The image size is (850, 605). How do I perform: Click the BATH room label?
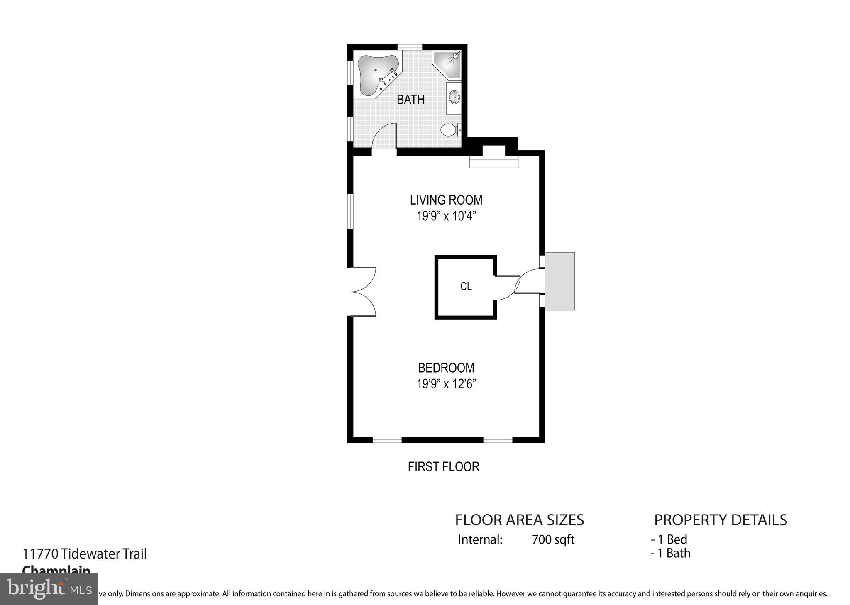coord(410,100)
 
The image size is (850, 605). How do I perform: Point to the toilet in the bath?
coord(449,130)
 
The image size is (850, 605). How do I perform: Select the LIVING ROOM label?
coord(446,200)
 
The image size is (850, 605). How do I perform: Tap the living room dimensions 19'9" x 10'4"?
coord(446,216)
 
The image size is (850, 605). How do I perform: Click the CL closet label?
coord(466,286)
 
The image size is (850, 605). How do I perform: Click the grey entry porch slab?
coord(559,281)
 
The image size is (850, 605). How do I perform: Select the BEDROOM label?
coord(446,368)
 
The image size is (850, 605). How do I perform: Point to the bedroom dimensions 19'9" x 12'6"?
coord(446,384)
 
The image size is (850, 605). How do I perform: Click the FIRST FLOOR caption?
coord(443,467)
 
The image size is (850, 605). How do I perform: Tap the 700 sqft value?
coord(553,539)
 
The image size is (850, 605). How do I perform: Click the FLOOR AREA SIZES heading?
coord(519,520)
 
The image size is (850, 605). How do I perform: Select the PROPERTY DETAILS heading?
coord(720,520)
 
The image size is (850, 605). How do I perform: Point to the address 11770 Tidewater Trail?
coord(85,554)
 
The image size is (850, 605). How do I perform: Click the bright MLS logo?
coord(49,588)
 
